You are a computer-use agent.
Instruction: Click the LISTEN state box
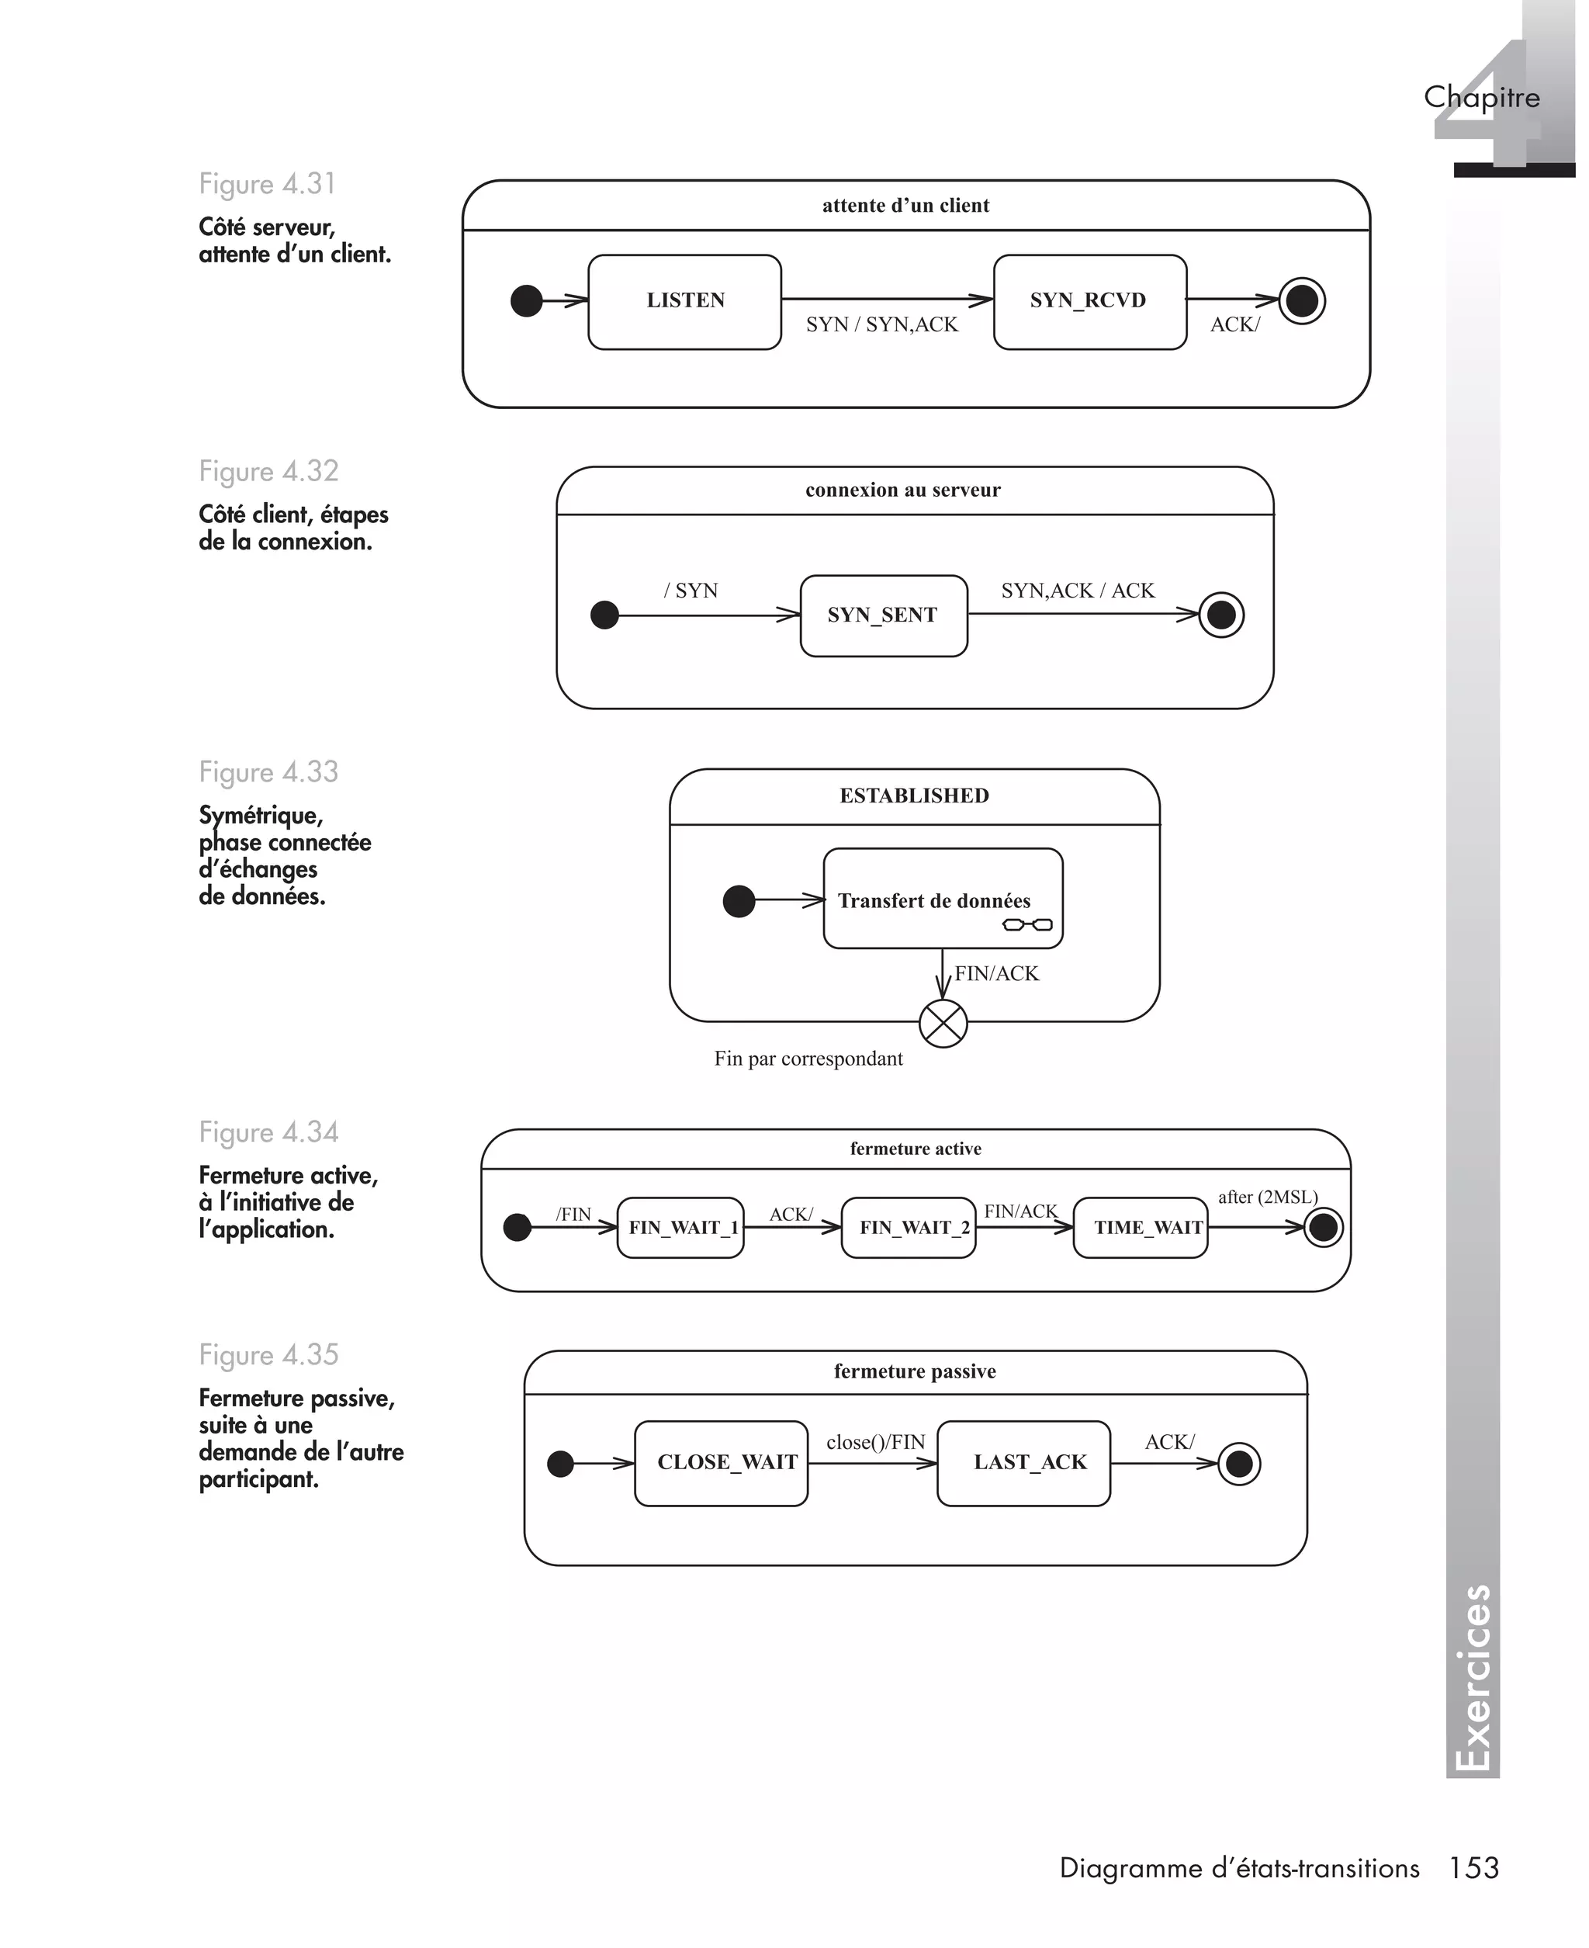pos(684,302)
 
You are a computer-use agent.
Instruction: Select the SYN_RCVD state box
pos(1089,302)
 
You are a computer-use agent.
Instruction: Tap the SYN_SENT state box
pos(883,615)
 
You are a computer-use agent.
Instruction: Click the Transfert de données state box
pos(943,898)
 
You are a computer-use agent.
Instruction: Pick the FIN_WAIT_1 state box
pos(680,1228)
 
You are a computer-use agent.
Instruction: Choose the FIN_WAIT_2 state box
pos(908,1228)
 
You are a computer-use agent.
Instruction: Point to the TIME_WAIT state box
pos(1140,1228)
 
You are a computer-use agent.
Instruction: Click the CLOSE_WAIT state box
pos(722,1463)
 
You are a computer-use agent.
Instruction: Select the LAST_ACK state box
pos(1023,1463)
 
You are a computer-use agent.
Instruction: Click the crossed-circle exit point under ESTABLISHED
pos(943,1023)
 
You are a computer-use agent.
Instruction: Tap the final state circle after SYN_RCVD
pos(1302,300)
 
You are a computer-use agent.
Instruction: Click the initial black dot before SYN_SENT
pos(605,615)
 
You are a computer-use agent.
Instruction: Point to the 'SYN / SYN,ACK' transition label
pos(881,325)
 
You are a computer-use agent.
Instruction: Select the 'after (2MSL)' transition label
pos(1268,1198)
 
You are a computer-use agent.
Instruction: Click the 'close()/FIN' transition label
pos(876,1443)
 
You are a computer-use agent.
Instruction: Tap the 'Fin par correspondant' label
pos(808,1059)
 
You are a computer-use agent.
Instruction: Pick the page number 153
pos(1473,1867)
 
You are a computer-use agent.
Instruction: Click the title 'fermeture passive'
pos(915,1371)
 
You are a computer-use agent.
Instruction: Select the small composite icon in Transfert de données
pos(1028,924)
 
